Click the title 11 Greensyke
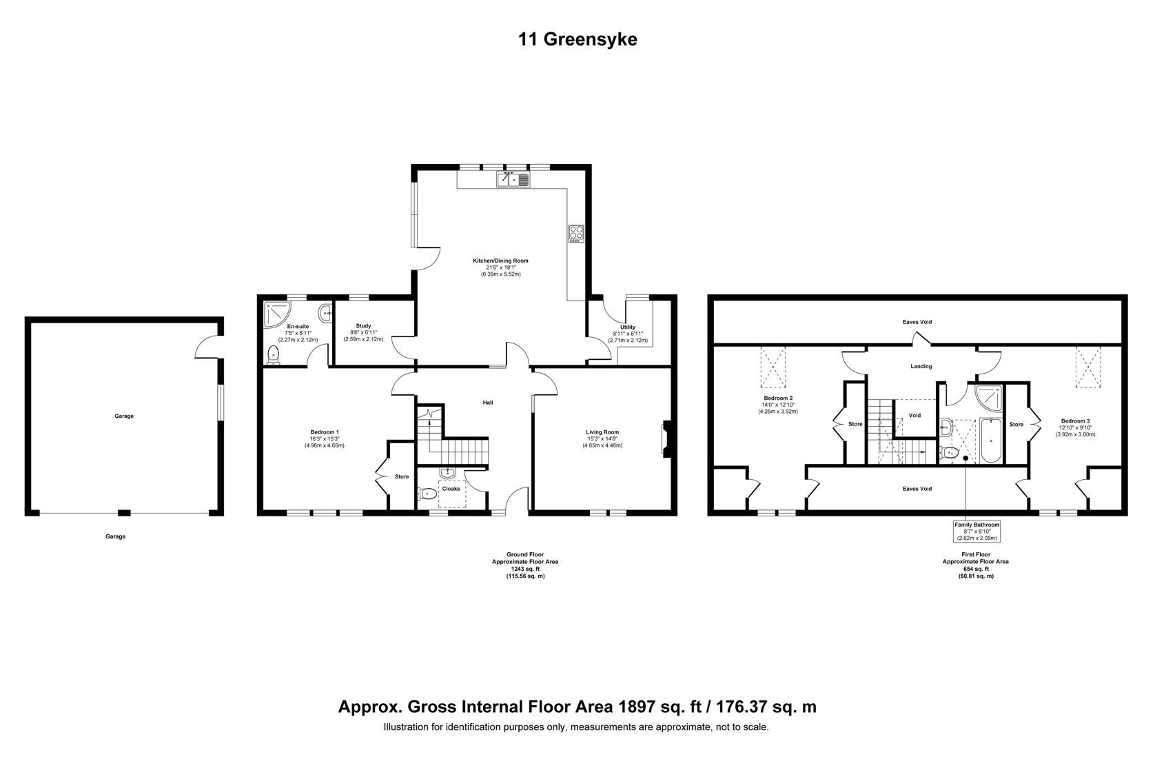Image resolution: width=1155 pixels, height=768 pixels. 577,39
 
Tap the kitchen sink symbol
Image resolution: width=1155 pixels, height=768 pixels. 513,180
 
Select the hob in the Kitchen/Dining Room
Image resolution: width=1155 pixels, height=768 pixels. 576,234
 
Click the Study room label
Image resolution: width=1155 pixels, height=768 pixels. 363,326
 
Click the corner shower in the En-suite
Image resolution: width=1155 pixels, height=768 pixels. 274,314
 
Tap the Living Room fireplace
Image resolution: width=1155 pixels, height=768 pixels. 665,439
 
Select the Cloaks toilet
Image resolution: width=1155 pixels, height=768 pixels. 427,494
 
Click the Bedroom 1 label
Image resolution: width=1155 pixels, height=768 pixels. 324,432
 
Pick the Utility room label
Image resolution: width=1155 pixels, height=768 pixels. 627,327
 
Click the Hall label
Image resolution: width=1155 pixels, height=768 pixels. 487,403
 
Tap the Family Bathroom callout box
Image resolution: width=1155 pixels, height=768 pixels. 976,532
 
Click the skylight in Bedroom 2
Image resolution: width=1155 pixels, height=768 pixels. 773,368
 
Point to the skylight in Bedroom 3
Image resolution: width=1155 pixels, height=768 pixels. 1089,368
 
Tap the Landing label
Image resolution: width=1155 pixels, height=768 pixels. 921,367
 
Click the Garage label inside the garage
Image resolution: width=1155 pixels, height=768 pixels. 124,416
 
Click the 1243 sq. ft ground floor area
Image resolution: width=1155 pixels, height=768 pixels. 527,569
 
